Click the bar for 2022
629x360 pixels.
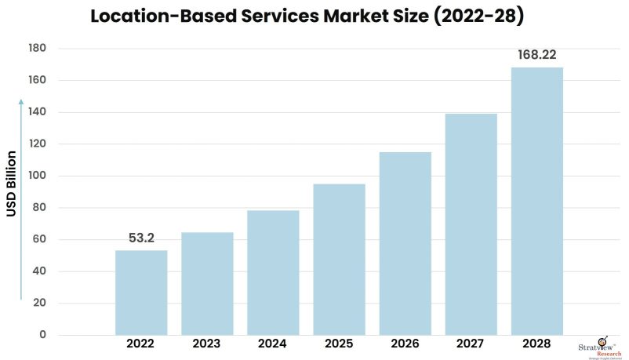point(141,293)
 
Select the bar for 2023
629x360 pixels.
point(207,284)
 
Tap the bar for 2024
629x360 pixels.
point(273,273)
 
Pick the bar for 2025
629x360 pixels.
point(339,260)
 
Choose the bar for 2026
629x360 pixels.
point(405,244)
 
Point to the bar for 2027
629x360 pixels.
point(471,224)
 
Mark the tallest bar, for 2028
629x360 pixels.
point(537,202)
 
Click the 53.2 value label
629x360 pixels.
point(141,237)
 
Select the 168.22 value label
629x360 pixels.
point(537,55)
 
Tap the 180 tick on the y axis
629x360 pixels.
point(37,49)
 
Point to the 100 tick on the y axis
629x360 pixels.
point(37,176)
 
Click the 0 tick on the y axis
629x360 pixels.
point(43,336)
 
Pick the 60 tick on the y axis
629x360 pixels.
point(39,240)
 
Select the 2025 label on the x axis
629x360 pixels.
point(339,344)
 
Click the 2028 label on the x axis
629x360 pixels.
point(537,344)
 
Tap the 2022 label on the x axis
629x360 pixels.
point(141,344)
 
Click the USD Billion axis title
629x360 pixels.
point(12,184)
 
